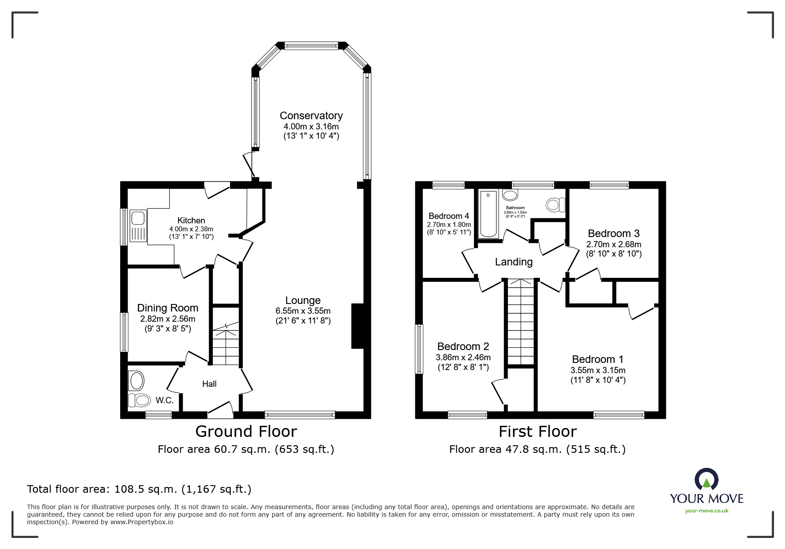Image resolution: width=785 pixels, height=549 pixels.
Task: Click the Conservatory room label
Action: click(311, 116)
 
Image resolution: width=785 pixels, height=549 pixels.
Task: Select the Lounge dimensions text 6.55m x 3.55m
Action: click(303, 311)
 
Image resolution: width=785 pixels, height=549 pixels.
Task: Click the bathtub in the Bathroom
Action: click(488, 214)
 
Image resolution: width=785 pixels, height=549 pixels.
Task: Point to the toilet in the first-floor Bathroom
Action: click(555, 205)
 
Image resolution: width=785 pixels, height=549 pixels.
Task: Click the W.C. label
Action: click(164, 401)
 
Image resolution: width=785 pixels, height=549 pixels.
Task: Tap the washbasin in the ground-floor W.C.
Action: click(136, 380)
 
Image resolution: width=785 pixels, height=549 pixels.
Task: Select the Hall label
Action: click(209, 384)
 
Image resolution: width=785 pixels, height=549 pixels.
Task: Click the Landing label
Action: click(514, 262)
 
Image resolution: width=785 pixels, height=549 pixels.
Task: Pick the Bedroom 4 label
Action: click(449, 216)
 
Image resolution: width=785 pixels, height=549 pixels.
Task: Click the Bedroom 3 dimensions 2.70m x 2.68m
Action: click(613, 244)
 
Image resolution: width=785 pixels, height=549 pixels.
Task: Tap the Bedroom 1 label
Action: click(598, 359)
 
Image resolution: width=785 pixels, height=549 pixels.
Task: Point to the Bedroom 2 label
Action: click(463, 347)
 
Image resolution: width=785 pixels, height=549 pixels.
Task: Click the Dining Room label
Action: click(168, 308)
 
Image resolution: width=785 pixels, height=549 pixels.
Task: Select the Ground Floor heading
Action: click(246, 431)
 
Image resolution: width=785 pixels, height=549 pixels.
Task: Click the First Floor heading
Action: click(537, 431)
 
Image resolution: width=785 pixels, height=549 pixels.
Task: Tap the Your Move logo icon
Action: click(706, 480)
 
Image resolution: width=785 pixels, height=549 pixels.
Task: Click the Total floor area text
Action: click(139, 489)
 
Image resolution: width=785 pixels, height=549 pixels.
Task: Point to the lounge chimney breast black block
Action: click(357, 326)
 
